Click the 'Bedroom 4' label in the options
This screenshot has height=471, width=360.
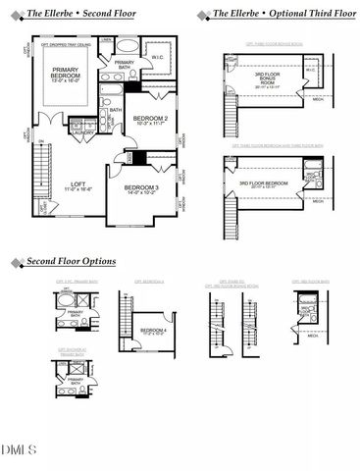coord(154,332)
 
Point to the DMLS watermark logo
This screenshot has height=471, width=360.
coord(20,450)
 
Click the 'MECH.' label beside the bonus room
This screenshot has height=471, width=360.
coord(320,98)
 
